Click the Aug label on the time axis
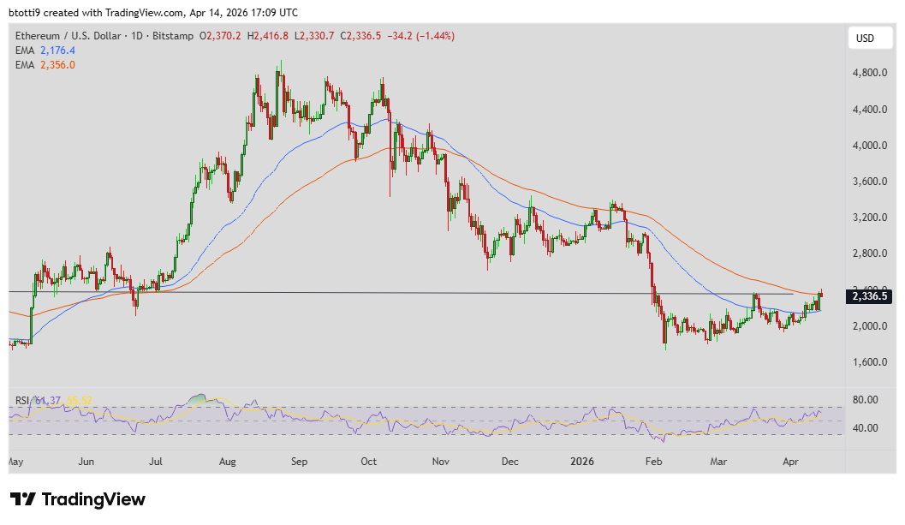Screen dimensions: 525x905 coord(228,462)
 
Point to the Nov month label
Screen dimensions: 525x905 coord(440,462)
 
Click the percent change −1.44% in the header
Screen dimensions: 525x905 coord(436,36)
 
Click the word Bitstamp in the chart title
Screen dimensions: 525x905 coord(172,36)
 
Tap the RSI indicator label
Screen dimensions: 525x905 coord(22,401)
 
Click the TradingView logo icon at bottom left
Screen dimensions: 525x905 coord(23,499)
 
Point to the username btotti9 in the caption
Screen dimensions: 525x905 coord(27,13)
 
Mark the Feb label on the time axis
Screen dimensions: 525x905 coord(652,462)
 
